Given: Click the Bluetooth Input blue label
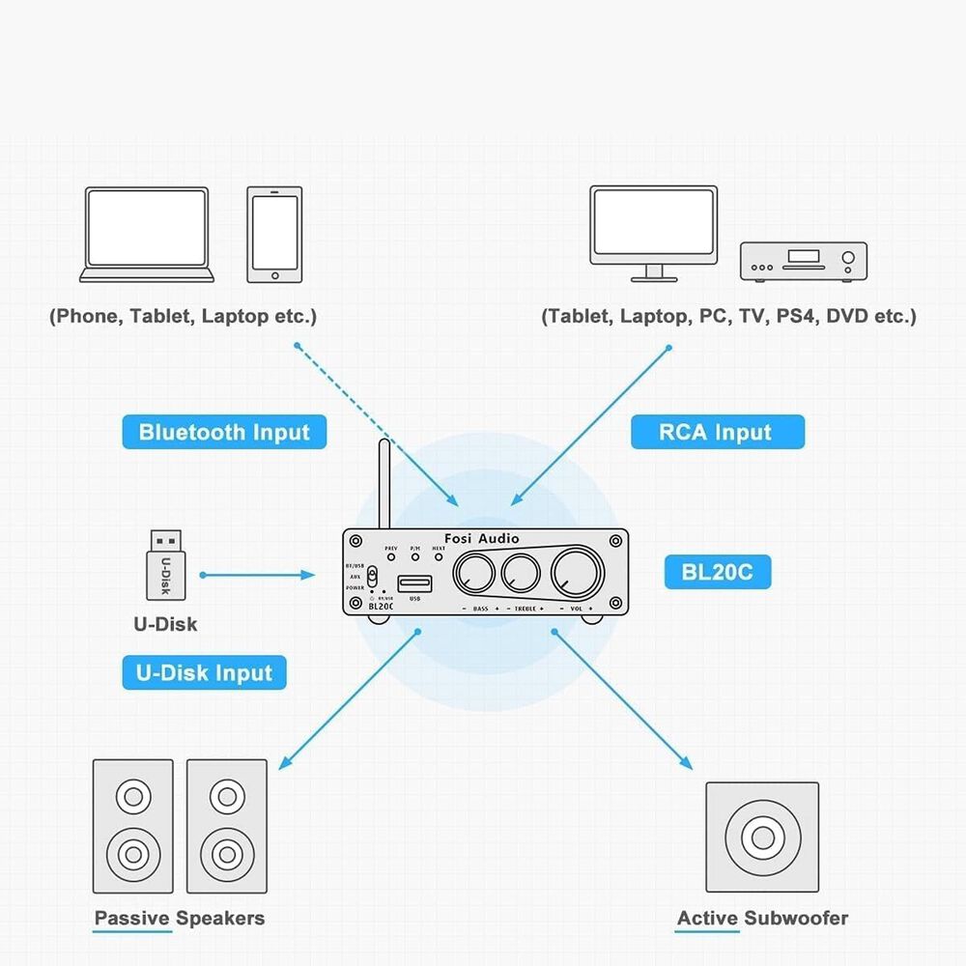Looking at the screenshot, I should tap(224, 432).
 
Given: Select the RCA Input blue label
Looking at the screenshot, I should tap(717, 432).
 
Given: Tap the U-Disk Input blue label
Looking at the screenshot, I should tap(204, 672).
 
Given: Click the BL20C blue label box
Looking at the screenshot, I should tap(717, 573).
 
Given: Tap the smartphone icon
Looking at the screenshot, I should tap(274, 235).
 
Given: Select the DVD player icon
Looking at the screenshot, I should tap(803, 262).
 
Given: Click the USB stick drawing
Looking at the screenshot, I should tap(165, 565).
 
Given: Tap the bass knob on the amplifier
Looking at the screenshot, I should tap(473, 574).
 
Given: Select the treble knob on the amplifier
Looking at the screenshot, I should tap(520, 574).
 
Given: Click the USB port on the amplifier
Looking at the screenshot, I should tap(416, 582).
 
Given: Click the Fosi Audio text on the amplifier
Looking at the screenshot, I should tap(483, 538).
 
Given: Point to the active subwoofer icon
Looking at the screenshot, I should tap(762, 838).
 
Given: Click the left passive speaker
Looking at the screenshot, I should tap(132, 826).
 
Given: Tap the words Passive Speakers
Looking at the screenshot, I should tap(180, 918).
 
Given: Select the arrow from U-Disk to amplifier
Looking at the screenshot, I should tap(259, 575).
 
